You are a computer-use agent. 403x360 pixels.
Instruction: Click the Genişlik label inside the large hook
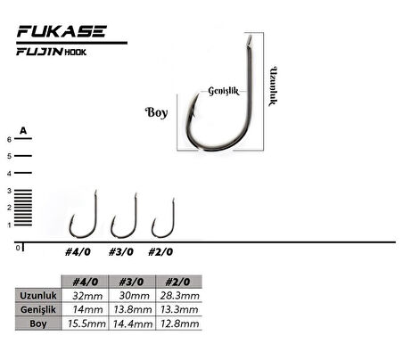click(223, 90)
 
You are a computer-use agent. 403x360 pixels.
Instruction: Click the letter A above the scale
click(24, 131)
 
